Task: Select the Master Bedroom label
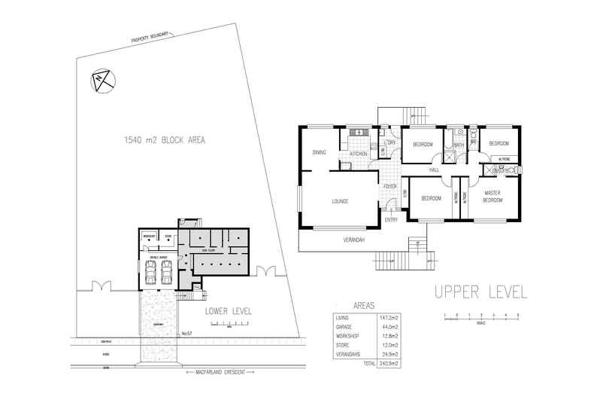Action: [493, 196]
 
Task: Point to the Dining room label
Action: [319, 153]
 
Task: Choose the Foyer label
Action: [390, 185]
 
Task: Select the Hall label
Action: [434, 170]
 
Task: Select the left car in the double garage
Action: [150, 275]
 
